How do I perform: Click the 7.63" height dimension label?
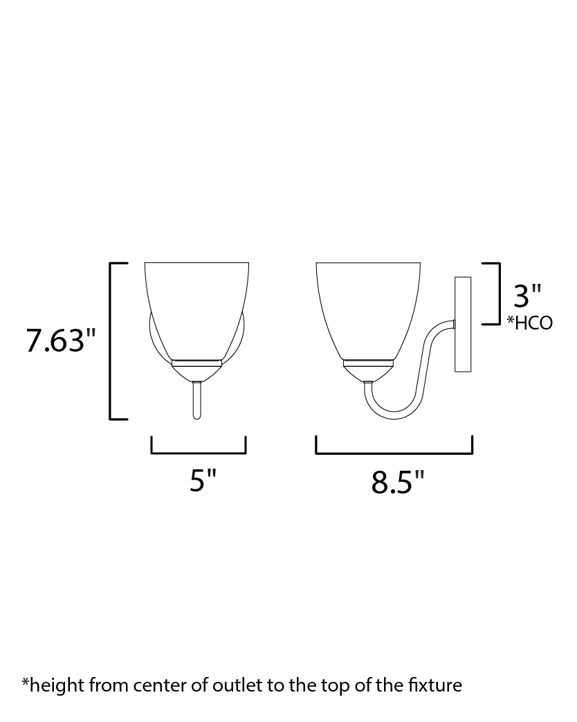pyautogui.click(x=60, y=341)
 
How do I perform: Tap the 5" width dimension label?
pyautogui.click(x=203, y=481)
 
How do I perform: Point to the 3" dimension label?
pyautogui.click(x=527, y=296)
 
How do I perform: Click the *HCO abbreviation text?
pyautogui.click(x=529, y=323)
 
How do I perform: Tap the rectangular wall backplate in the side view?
pyautogui.click(x=463, y=324)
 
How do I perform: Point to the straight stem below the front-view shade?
pyautogui.click(x=197, y=400)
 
